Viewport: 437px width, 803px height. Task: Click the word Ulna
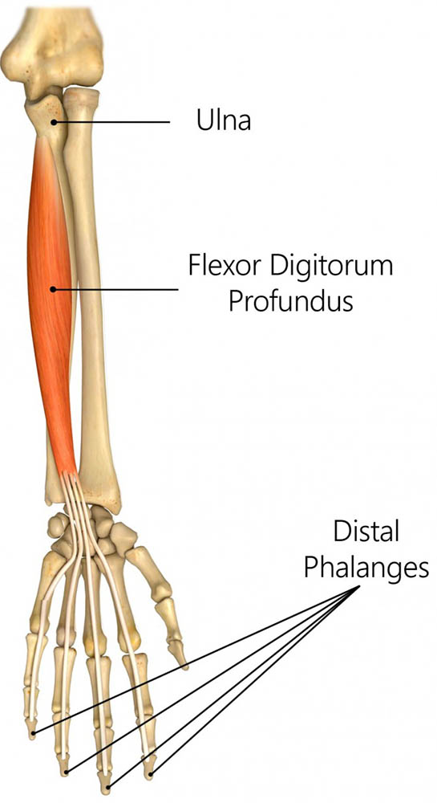224,121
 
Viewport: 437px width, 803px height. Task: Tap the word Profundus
290,302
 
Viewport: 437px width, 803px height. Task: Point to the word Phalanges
366,569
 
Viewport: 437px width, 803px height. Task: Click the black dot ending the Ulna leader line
54,122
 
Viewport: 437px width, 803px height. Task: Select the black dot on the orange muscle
53,289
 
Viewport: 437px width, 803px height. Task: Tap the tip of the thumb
184,666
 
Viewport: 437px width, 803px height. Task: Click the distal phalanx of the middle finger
106,782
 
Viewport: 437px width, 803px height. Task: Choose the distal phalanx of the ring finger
64,764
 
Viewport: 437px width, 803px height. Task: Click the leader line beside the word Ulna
111,122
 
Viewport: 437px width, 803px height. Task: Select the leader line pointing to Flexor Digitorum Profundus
115,289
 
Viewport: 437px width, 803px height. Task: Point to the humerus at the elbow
51,46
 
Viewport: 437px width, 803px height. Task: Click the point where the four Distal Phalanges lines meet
356,587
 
